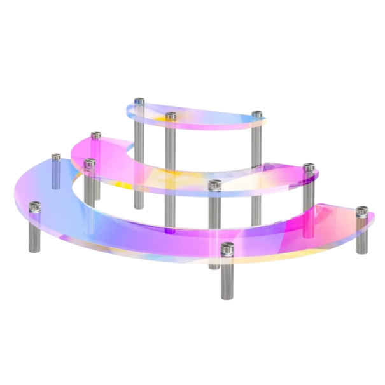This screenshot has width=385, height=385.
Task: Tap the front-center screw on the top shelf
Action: [171, 116]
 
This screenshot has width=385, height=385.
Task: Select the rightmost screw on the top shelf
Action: [256, 114]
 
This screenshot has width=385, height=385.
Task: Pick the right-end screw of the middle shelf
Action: [309, 168]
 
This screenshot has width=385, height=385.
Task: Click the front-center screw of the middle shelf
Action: [214, 184]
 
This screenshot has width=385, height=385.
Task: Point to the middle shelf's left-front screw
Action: [89, 163]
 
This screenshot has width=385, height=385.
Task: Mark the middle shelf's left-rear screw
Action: [96, 135]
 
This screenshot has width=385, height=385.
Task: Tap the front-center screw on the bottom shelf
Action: [227, 248]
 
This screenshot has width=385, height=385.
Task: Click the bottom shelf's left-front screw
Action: [34, 206]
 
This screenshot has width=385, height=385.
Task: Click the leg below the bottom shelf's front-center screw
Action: [227, 280]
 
